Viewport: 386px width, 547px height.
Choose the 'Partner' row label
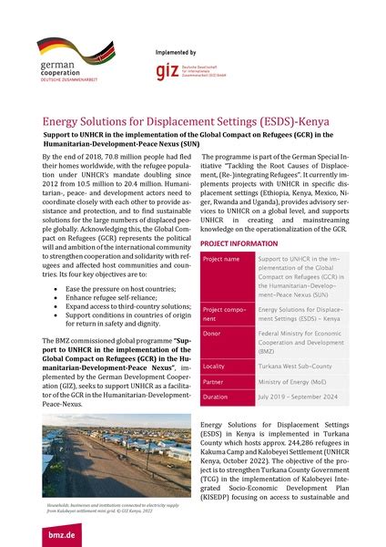coord(215,380)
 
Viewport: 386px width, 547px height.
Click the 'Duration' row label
coord(217,398)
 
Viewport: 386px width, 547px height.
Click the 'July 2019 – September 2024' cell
coord(290,398)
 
